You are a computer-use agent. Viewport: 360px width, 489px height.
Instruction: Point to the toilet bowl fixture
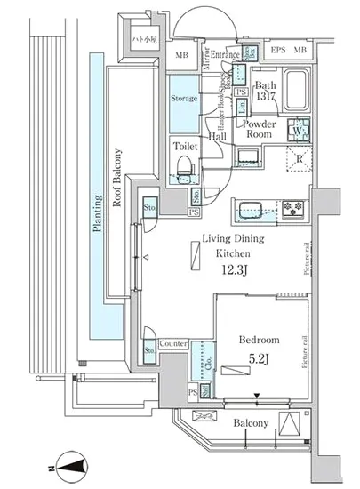pyautogui.click(x=185, y=165)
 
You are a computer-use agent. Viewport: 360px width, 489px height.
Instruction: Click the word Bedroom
pyautogui.click(x=260, y=340)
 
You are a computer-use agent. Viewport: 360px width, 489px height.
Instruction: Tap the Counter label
pyautogui.click(x=172, y=343)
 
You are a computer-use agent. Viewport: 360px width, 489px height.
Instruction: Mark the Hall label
pyautogui.click(x=217, y=137)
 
